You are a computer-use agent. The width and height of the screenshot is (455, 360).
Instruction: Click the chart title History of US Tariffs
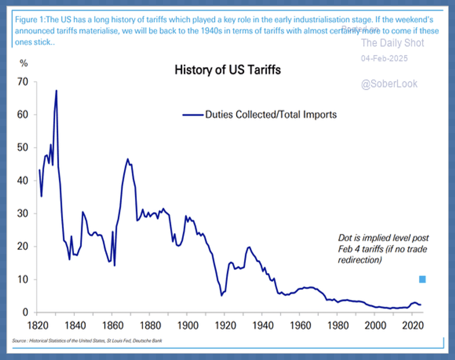(x=227, y=70)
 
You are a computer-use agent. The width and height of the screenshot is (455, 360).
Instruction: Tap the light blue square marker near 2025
(x=422, y=279)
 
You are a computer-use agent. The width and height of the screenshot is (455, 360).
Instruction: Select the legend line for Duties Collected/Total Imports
(x=193, y=115)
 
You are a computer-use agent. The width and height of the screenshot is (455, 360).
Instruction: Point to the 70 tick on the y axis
(x=23, y=82)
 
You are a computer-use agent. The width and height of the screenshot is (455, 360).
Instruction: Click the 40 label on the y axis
(x=23, y=181)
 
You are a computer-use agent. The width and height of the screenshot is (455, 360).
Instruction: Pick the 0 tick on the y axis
(x=25, y=312)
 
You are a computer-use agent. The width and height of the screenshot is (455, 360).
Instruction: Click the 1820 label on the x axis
(x=38, y=325)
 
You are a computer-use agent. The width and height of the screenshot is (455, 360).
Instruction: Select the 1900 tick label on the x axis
(x=188, y=325)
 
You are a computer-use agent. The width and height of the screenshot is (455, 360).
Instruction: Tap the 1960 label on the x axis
(x=300, y=325)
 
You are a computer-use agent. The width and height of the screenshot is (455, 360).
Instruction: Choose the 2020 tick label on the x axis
(x=413, y=325)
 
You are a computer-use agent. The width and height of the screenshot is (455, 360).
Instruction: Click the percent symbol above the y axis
(x=23, y=63)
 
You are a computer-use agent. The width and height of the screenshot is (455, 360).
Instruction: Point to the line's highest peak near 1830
(x=56, y=91)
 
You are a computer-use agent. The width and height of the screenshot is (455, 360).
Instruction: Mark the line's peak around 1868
(x=127, y=159)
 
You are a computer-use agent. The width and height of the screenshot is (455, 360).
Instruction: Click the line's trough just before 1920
(x=221, y=295)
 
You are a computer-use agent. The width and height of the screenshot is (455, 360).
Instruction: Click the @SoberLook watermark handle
(x=389, y=84)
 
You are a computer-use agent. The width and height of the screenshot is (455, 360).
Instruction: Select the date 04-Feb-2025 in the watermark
(x=384, y=58)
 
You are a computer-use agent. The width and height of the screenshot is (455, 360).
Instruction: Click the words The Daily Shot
(x=392, y=43)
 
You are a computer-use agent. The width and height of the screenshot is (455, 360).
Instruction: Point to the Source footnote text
(x=87, y=340)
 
